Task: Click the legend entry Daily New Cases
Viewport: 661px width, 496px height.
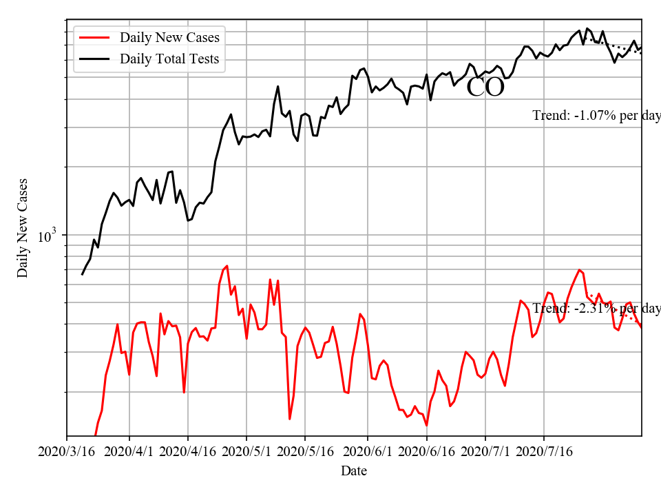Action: (169, 37)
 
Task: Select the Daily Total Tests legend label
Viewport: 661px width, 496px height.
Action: (169, 59)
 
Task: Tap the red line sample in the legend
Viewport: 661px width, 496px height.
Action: (95, 37)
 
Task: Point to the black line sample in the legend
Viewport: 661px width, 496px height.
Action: (95, 59)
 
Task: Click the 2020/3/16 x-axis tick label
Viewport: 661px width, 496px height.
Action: (67, 452)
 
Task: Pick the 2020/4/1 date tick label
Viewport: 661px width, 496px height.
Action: (129, 452)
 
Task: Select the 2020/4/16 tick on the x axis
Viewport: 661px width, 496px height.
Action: (188, 452)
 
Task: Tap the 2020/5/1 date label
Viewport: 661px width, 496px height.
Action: (246, 452)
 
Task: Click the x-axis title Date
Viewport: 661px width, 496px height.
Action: (354, 471)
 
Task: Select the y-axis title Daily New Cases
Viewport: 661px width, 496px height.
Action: (23, 227)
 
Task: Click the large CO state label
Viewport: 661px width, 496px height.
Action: (485, 87)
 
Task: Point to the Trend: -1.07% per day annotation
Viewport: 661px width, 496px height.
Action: (596, 116)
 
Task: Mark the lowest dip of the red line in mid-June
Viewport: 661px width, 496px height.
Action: (427, 426)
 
